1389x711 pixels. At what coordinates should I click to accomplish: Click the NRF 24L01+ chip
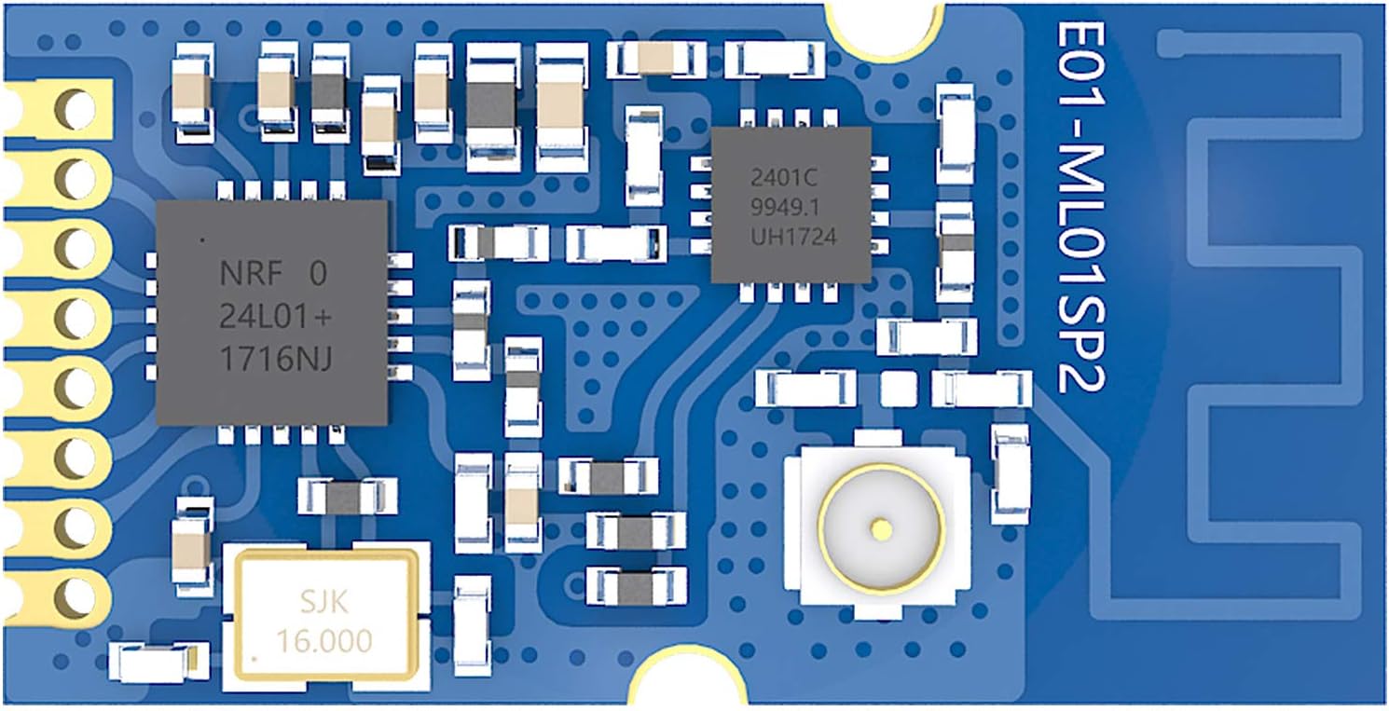pyautogui.click(x=270, y=313)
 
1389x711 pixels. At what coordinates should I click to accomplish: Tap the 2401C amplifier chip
pyautogui.click(x=791, y=205)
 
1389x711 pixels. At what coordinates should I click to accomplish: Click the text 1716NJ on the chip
pyautogui.click(x=276, y=359)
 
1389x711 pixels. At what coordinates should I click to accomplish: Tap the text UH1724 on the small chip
pyautogui.click(x=794, y=238)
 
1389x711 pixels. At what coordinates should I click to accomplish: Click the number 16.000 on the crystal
pyautogui.click(x=324, y=640)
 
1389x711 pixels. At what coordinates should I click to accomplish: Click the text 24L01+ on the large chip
pyautogui.click(x=276, y=317)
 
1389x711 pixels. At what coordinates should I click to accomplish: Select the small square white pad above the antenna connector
pyautogui.click(x=899, y=388)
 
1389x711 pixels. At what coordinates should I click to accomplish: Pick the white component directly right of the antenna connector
pyautogui.click(x=1011, y=473)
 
